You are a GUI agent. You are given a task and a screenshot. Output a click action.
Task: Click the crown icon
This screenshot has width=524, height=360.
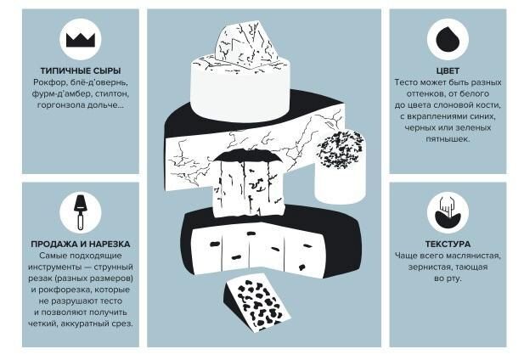pyautogui.click(x=81, y=39)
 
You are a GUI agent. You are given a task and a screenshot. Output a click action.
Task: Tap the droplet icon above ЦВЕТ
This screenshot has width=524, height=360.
pyautogui.click(x=448, y=39)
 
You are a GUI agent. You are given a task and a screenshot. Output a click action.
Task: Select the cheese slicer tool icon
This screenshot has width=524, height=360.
pyautogui.click(x=81, y=212)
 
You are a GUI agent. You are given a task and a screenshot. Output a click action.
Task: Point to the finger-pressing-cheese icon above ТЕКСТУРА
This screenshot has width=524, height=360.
pyautogui.click(x=448, y=212)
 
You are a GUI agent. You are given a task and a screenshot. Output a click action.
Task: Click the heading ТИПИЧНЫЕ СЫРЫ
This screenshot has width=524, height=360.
pyautogui.click(x=81, y=70)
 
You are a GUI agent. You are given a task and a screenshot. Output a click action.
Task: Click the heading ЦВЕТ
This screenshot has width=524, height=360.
pyautogui.click(x=448, y=70)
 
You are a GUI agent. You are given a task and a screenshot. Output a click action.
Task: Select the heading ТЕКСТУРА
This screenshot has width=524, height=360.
pyautogui.click(x=448, y=245)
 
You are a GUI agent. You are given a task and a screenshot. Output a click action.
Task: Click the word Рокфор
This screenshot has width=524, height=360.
pyautogui.click(x=46, y=82)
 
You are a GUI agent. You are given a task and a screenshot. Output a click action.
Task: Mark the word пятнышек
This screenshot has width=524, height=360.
pyautogui.click(x=448, y=139)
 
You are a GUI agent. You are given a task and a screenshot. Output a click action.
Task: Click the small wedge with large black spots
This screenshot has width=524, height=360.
pyautogui.click(x=256, y=304)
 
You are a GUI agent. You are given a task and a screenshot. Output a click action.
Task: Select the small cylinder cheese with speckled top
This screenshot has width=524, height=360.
pyautogui.click(x=341, y=166)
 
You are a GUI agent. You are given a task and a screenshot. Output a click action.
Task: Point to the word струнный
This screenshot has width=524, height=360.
pyautogui.click(x=113, y=267)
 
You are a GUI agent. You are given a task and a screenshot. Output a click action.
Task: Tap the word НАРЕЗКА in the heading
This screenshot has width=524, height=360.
pyautogui.click(x=109, y=245)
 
